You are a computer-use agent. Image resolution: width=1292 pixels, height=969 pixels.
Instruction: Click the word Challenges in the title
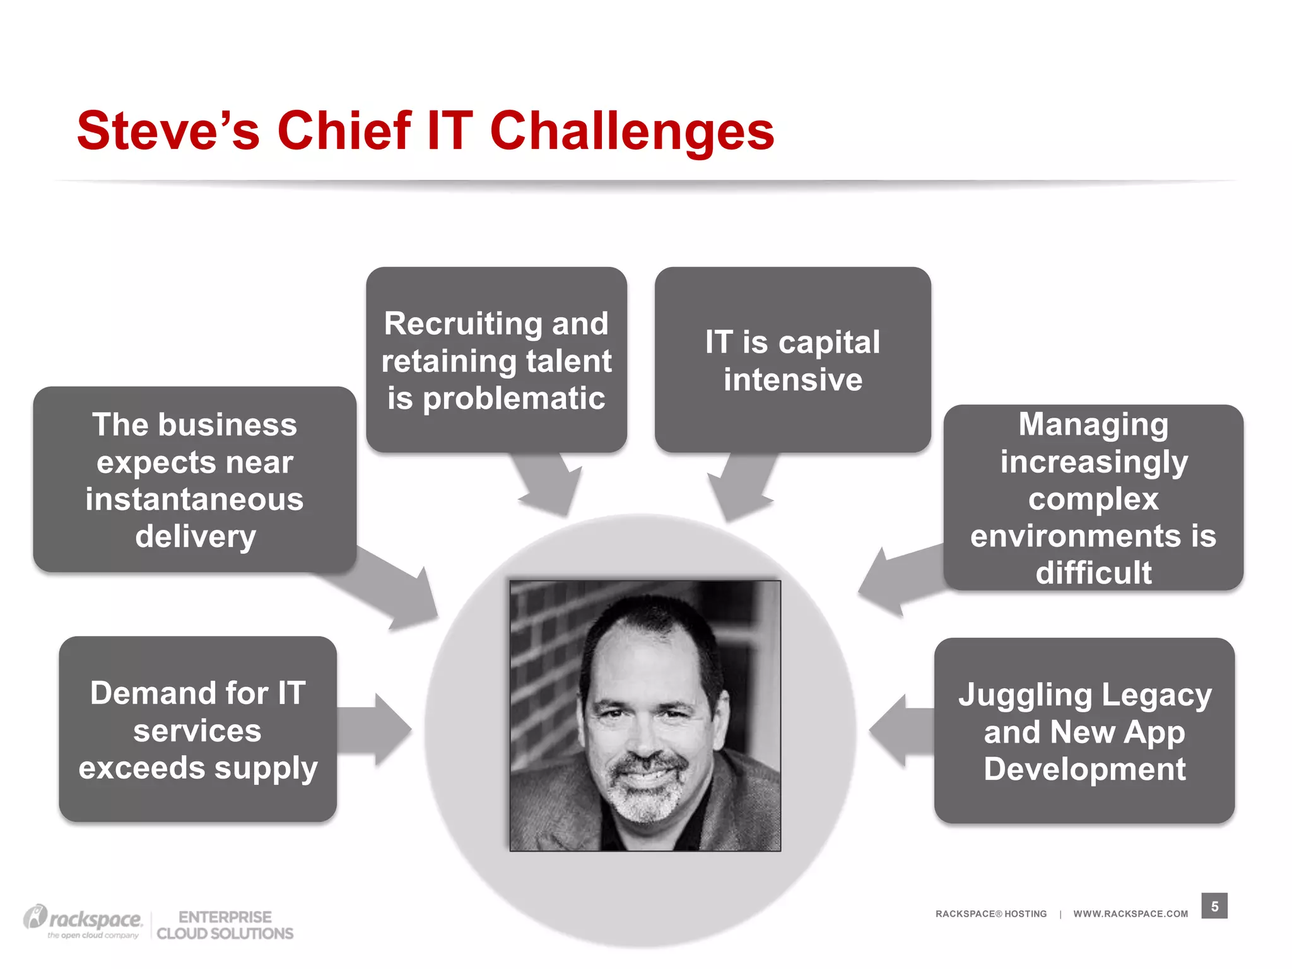[x=631, y=132]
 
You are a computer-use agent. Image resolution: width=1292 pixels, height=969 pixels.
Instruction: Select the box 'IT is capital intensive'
[x=792, y=360]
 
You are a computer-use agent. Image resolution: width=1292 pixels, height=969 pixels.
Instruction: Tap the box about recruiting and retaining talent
[x=496, y=360]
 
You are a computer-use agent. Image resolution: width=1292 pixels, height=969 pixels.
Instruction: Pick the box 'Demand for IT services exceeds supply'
[x=197, y=729]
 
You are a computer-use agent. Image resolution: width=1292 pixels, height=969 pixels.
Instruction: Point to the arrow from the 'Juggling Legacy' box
[x=899, y=731]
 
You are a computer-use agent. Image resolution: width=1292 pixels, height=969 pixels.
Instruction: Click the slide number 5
[x=1214, y=906]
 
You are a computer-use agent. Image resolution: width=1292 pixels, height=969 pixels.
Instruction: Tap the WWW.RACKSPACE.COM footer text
[x=1130, y=913]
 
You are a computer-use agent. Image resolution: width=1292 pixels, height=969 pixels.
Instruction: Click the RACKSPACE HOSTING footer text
[x=990, y=913]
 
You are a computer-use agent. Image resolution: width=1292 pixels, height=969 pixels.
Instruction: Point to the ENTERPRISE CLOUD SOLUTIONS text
[x=225, y=925]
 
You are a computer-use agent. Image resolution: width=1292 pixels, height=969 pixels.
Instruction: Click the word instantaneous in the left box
[x=194, y=499]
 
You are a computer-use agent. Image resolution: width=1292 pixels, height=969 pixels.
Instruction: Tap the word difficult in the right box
[x=1093, y=573]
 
